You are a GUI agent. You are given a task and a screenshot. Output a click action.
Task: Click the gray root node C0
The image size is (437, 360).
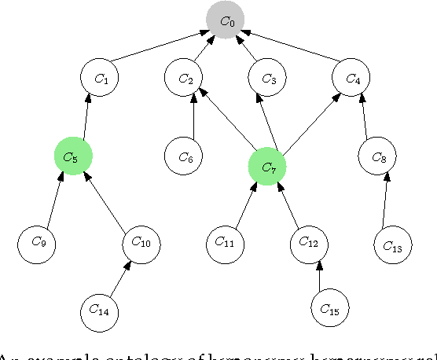226,20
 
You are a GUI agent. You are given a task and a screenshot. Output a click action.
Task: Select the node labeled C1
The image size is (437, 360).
100,78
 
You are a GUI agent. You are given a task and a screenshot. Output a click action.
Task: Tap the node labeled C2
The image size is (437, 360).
184,78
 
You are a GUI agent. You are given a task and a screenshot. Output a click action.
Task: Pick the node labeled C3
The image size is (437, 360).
268,78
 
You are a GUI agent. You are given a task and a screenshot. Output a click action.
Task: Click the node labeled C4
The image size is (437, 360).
351,78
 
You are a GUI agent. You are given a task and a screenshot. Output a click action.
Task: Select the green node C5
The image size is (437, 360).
74,156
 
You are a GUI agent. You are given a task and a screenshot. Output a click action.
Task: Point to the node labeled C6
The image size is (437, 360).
184,156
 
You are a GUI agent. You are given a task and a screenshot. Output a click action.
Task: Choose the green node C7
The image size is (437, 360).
267,166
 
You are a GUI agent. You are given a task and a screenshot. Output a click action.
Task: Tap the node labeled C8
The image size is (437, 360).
377,156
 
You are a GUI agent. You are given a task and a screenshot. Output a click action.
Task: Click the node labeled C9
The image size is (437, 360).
37,242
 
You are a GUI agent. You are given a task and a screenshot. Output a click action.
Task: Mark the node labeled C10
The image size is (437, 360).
141,242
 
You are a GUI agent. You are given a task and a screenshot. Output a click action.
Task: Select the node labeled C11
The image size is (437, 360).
226,242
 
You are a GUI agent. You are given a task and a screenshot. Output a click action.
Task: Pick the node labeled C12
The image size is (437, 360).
309,242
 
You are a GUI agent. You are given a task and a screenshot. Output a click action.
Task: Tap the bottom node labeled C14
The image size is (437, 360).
100,310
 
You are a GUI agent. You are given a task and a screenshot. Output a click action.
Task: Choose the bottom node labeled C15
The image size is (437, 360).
330,310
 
